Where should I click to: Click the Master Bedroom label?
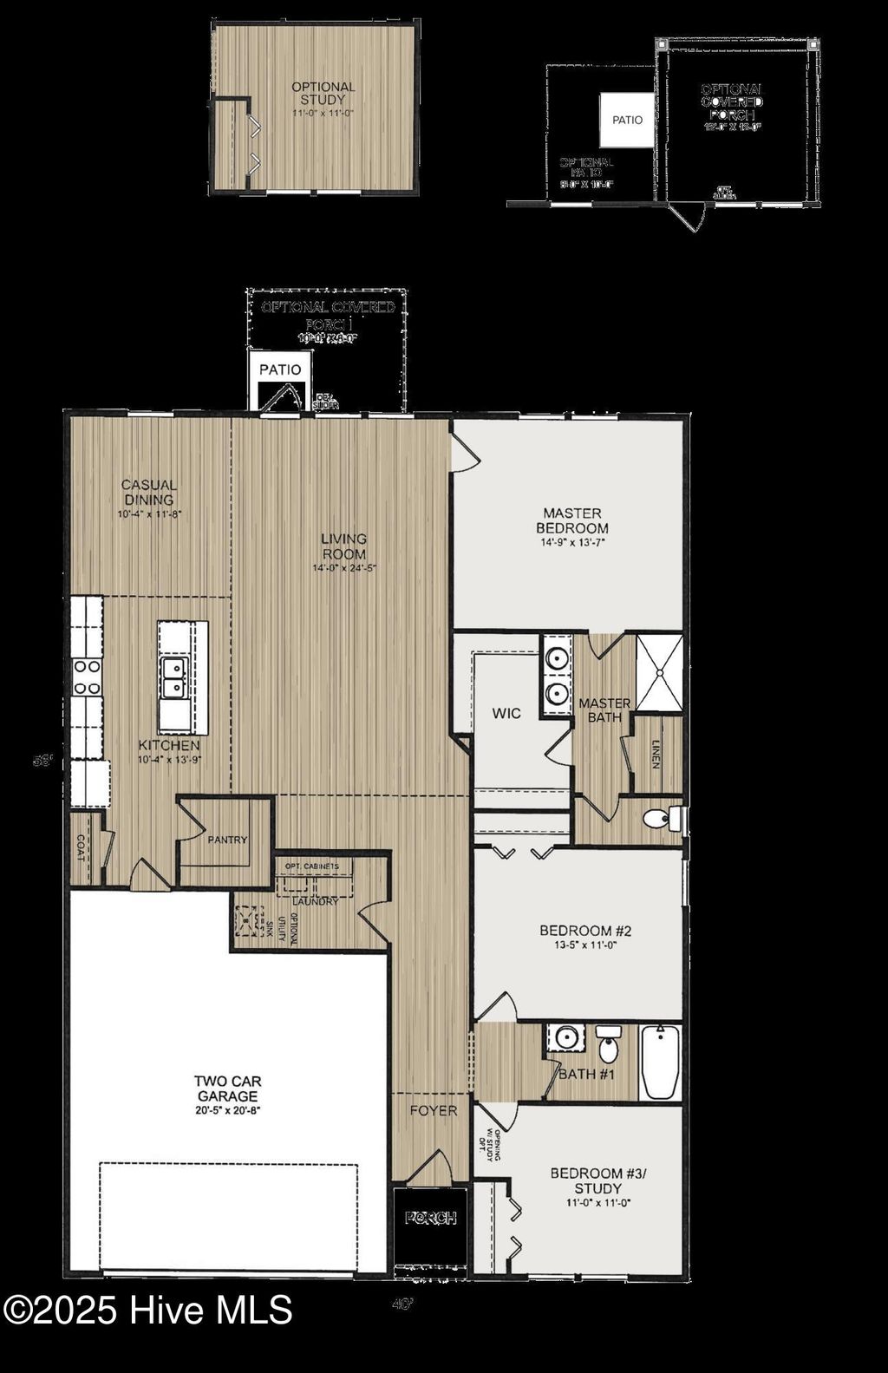click(x=571, y=520)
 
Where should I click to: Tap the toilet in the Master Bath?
click(x=662, y=818)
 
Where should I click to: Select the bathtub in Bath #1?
click(x=661, y=1062)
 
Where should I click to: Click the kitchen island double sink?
click(x=175, y=677)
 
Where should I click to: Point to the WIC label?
click(x=506, y=713)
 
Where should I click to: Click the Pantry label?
click(x=227, y=840)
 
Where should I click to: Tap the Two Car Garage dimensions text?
click(x=227, y=1109)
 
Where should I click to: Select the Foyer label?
click(x=433, y=1110)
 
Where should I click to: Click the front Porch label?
click(x=431, y=1219)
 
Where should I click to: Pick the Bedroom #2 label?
click(x=585, y=931)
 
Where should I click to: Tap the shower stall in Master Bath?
click(x=660, y=672)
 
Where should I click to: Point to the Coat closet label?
click(x=82, y=847)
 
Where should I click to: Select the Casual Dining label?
click(x=149, y=492)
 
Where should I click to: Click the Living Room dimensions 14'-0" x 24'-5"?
click(x=344, y=568)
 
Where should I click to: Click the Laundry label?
click(x=315, y=901)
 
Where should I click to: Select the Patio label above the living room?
click(x=280, y=369)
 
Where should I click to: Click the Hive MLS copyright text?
click(x=147, y=1310)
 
